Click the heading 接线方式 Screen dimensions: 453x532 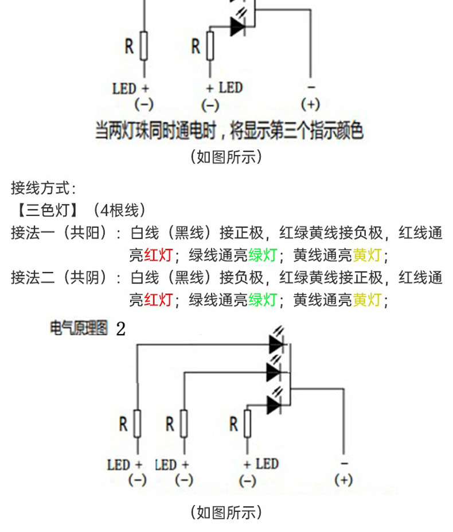click(44, 188)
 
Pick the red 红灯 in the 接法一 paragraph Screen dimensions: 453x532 click(158, 255)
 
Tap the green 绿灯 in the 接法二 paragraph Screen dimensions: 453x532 click(263, 300)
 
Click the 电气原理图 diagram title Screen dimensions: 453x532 click(79, 329)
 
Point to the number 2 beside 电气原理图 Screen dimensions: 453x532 click(120, 329)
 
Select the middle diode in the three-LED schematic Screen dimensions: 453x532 click(275, 372)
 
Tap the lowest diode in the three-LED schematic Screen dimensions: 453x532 click(274, 405)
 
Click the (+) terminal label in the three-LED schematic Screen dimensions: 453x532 click(343, 480)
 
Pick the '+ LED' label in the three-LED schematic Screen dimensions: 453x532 click(261, 464)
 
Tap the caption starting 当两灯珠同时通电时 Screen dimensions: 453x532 click(229, 131)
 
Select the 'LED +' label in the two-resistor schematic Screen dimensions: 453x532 click(131, 88)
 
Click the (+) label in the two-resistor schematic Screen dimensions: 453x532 click(310, 104)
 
